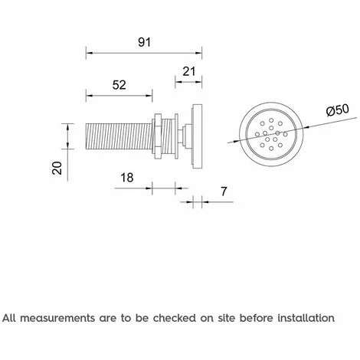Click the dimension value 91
pos(143,42)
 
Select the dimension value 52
pos(119,84)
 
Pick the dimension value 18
pos(129,178)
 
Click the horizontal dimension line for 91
pos(143,54)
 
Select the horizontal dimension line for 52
pos(119,96)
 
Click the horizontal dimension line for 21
pos(189,82)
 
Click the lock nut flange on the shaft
pos(158,138)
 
